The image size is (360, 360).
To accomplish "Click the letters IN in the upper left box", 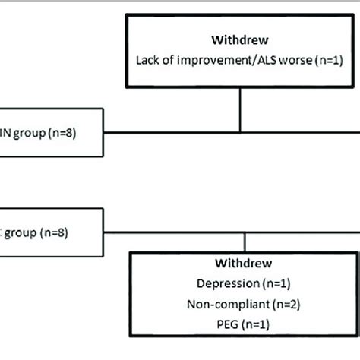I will pyautogui.click(x=5, y=136).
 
